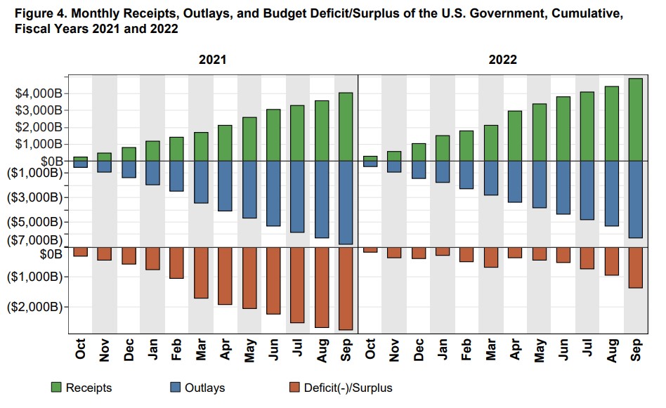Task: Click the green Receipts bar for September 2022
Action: pyautogui.click(x=635, y=119)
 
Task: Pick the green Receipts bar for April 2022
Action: pyautogui.click(x=514, y=136)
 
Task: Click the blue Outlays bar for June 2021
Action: pyautogui.click(x=273, y=193)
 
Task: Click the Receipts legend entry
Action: pyautogui.click(x=81, y=388)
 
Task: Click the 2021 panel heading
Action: pyautogui.click(x=212, y=60)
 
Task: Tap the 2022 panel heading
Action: pyautogui.click(x=502, y=60)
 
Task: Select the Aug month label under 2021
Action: pyautogui.click(x=322, y=350)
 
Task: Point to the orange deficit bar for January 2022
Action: pyautogui.click(x=442, y=251)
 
